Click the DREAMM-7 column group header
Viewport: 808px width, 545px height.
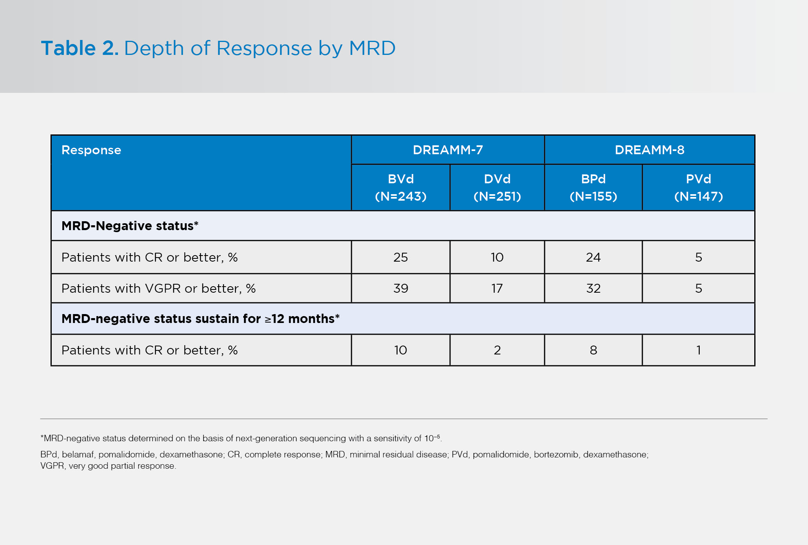tap(448, 150)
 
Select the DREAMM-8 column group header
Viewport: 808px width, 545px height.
tap(649, 150)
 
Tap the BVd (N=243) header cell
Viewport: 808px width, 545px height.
tap(400, 187)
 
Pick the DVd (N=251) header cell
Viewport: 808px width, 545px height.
tap(497, 187)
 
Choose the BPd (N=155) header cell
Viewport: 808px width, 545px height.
tap(593, 187)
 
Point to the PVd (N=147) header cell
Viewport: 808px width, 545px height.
tap(698, 187)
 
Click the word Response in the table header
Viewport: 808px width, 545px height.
tap(91, 150)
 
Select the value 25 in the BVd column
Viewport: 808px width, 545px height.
tap(400, 257)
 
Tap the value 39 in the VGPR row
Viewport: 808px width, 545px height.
tap(400, 288)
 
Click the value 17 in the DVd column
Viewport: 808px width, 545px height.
tap(497, 288)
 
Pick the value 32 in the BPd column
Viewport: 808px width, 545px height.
tap(593, 288)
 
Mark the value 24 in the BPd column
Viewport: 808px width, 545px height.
tap(593, 257)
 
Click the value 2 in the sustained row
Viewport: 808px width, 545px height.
tap(497, 350)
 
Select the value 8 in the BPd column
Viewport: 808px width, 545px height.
tap(593, 350)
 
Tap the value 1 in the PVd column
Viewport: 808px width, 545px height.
tap(698, 350)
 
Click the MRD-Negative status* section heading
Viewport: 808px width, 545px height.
tap(130, 226)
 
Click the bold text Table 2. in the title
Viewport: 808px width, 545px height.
tap(80, 48)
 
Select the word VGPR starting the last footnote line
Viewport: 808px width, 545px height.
tap(52, 466)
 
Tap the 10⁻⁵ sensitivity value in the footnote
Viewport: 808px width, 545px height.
tap(432, 438)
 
